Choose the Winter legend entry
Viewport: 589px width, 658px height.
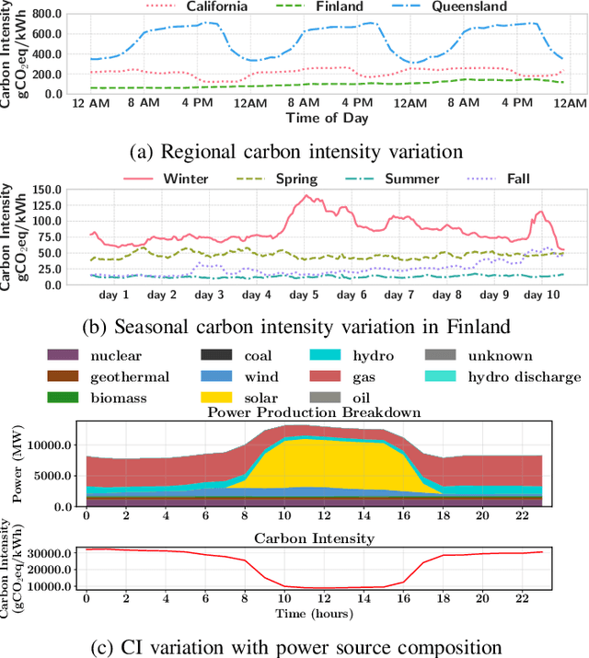185,178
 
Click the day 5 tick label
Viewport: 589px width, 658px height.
306,296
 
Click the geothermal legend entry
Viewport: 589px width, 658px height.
129,375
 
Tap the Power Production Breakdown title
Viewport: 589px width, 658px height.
314,412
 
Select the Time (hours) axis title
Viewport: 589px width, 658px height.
314,611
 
